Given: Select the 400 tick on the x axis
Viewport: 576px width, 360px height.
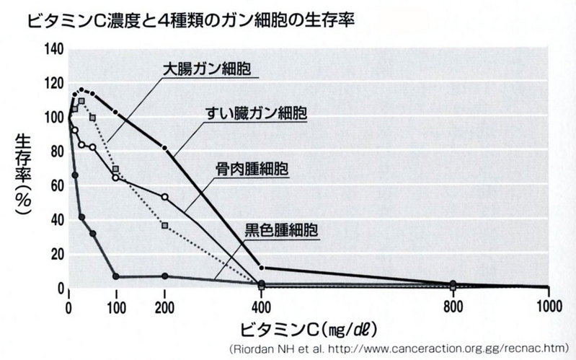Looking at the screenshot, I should [261, 304].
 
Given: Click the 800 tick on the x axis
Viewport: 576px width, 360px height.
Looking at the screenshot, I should [453, 304].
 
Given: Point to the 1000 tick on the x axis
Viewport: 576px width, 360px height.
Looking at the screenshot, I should [548, 304].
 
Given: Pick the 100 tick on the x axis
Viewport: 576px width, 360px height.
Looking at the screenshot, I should [117, 304].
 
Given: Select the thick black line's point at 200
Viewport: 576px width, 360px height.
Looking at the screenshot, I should [165, 148].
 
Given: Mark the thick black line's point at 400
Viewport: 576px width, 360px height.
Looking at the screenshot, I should [261, 268].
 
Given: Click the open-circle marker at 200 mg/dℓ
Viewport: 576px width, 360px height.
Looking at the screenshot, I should [165, 197].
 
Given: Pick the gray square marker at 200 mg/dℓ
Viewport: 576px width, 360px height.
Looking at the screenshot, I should [165, 226].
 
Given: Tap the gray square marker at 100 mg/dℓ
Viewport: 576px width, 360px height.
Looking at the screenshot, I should [116, 169].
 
